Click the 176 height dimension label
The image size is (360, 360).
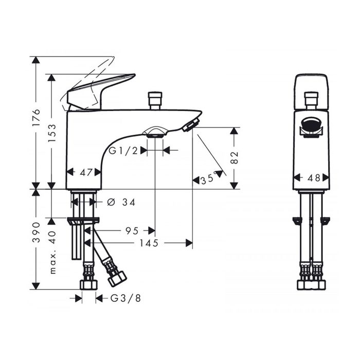pyautogui.click(x=37, y=117)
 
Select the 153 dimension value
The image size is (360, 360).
pyautogui.click(x=52, y=133)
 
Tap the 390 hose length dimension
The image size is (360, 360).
pyautogui.click(x=37, y=232)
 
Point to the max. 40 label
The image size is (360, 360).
pyautogui.click(x=52, y=253)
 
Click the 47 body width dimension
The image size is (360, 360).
pyautogui.click(x=86, y=172)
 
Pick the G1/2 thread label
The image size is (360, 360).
pyautogui.click(x=123, y=151)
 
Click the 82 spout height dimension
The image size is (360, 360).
pyautogui.click(x=235, y=157)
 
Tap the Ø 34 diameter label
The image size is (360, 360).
pyautogui.click(x=122, y=202)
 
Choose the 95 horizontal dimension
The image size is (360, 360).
pyautogui.click(x=132, y=230)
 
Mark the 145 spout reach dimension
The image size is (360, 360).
pyautogui.click(x=149, y=243)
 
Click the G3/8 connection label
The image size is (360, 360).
pyautogui.click(x=126, y=298)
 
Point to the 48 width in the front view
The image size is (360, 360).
pyautogui.click(x=311, y=178)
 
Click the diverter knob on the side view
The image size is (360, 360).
pyautogui.click(x=155, y=101)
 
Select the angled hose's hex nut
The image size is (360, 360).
pyautogui.click(x=117, y=279)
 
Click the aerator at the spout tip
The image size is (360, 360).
pyautogui.click(x=191, y=124)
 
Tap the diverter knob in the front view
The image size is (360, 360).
pyautogui.click(x=311, y=101)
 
